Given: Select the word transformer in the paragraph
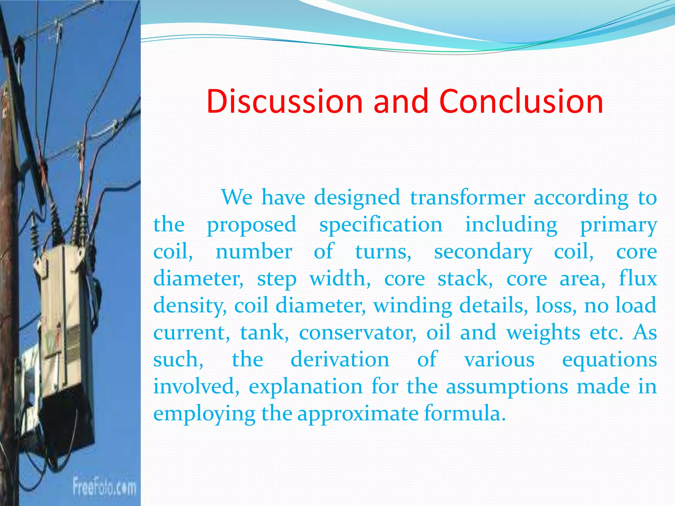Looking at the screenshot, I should pos(467,198).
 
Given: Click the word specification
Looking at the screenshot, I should pos(381,225).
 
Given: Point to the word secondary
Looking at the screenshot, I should pos(483,252).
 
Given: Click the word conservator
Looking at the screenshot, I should pos(358,333).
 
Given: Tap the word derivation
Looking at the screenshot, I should pos(340,359).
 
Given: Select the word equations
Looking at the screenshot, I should pos(609,360).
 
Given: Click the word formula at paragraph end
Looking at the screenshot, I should pos(464,413).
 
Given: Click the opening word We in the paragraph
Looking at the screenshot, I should pos(237,198).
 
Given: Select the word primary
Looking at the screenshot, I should pos(618,225).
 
